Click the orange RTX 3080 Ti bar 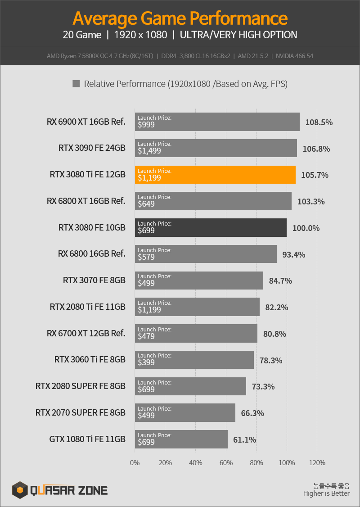[x=215, y=175]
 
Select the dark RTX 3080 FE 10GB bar [x=211, y=228]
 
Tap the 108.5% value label [x=319, y=122]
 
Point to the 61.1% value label [x=244, y=439]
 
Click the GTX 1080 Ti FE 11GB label [x=87, y=439]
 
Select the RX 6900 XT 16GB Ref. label [x=86, y=122]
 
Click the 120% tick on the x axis [x=317, y=463]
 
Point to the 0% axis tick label [x=135, y=463]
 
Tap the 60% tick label [x=226, y=463]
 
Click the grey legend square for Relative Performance [x=76, y=84]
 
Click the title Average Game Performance [x=180, y=18]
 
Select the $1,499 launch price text [x=149, y=151]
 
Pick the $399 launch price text [x=146, y=362]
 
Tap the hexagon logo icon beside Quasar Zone [x=20, y=490]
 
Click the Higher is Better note [x=326, y=494]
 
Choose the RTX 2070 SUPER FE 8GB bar [x=185, y=413]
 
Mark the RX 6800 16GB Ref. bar [x=206, y=254]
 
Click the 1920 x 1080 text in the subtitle [x=140, y=35]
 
